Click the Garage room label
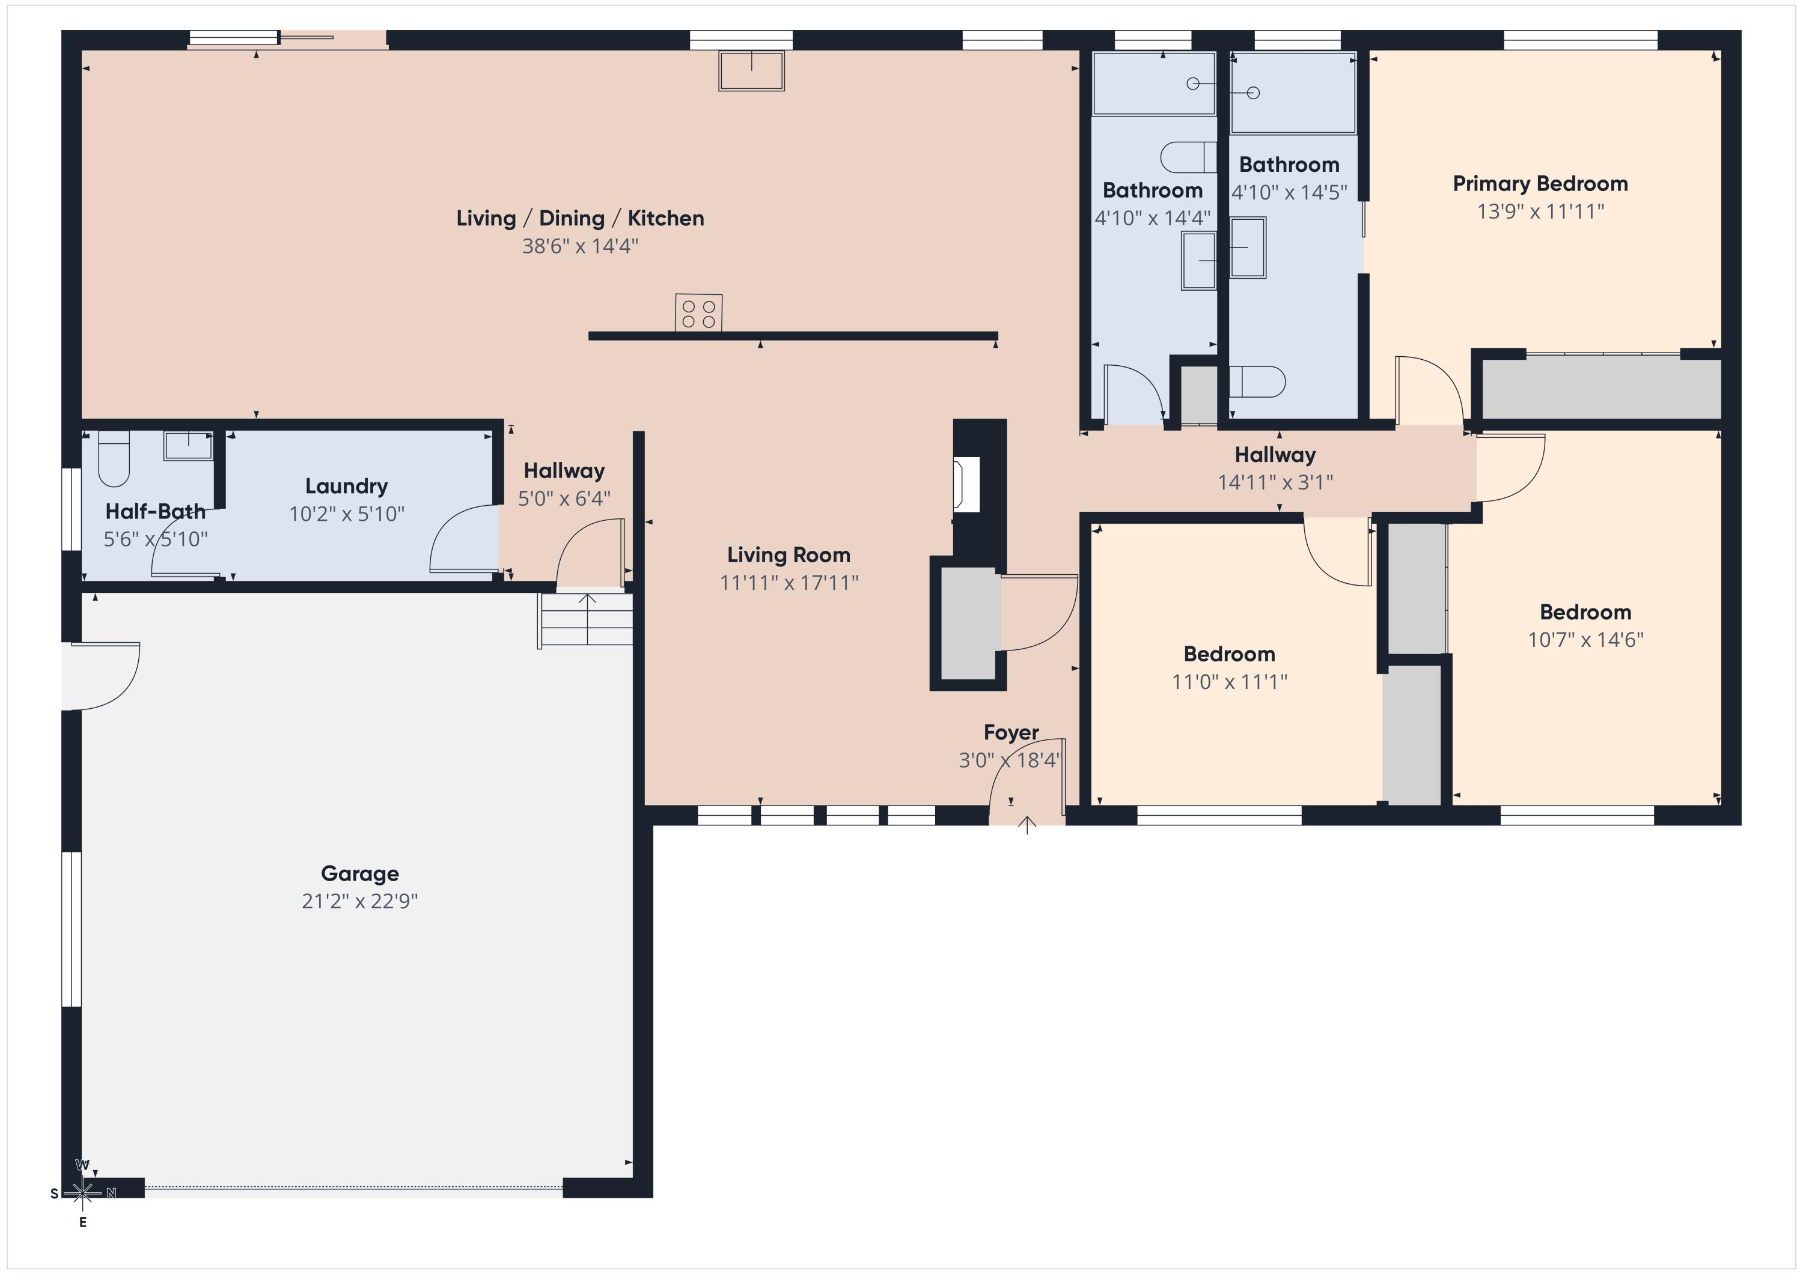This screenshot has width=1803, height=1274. point(359,874)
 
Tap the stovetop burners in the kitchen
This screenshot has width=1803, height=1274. point(698,312)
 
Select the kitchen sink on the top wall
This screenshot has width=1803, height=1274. point(751,71)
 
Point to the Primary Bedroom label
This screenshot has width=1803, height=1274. point(1540,184)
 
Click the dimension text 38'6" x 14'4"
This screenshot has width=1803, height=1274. point(581,246)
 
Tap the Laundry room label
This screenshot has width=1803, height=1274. point(346,487)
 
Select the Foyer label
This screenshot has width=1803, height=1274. point(1011,732)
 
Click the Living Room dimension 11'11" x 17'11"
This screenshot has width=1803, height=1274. point(789,583)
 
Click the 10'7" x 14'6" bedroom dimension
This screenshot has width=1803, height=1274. point(1585,640)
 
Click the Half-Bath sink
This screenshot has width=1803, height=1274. point(188,445)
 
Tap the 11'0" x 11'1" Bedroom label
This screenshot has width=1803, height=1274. point(1229,654)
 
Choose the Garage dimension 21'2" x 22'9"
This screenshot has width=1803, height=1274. point(359,901)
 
